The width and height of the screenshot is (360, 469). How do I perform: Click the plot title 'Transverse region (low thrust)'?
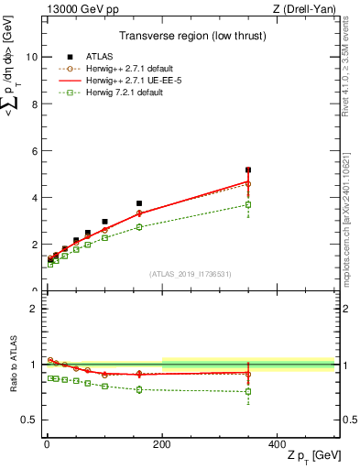click(x=190, y=38)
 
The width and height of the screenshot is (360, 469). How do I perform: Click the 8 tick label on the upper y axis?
click(x=34, y=104)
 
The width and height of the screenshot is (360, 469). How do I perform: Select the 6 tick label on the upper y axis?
click(x=34, y=150)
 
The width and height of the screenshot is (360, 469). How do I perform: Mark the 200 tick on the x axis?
click(x=162, y=444)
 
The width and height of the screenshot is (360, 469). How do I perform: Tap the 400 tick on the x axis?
click(x=278, y=444)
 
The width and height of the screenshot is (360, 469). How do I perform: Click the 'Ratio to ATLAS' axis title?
click(x=11, y=365)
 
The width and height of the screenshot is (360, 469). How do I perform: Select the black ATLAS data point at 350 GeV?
click(x=248, y=169)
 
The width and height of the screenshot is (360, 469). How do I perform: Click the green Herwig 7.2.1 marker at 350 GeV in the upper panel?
click(x=248, y=204)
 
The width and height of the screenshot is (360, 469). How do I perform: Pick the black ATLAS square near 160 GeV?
click(x=139, y=203)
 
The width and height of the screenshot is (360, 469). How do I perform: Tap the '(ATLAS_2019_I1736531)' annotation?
click(x=190, y=274)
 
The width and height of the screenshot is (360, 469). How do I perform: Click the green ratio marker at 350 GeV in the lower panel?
click(x=248, y=392)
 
